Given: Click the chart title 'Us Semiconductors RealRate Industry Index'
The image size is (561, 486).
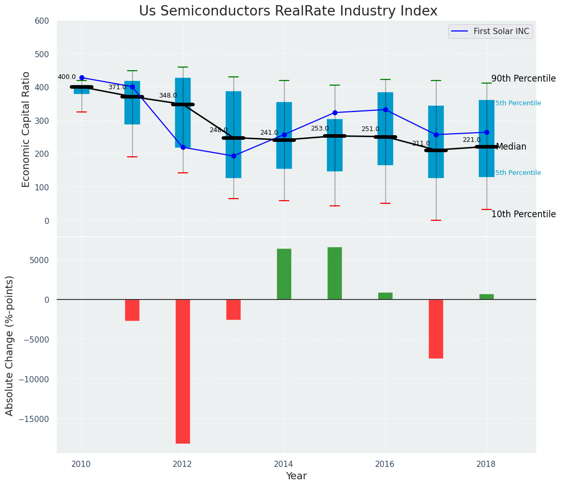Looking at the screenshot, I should tap(288, 11).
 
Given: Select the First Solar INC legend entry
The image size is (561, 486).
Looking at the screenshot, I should tap(490, 31).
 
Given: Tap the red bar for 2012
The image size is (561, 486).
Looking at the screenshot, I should tap(183, 371).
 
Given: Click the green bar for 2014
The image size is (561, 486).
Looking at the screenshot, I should tap(284, 274).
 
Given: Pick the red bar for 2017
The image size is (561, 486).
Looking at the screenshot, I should tap(436, 329).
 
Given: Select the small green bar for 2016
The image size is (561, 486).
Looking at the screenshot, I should tap(385, 296).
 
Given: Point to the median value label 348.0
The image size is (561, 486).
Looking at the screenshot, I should tap(167, 96).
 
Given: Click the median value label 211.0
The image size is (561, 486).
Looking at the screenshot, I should tap(420, 143).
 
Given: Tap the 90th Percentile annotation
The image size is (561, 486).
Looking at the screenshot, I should tap(523, 79).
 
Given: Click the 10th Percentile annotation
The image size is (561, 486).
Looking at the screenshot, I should tap(523, 215).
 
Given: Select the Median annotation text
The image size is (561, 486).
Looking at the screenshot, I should tap(511, 147).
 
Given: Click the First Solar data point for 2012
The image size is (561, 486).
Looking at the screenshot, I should tap(183, 148).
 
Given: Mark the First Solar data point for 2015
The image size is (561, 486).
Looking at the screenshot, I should tap(335, 112).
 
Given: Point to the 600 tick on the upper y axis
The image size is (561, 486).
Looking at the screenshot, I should tap(42, 21).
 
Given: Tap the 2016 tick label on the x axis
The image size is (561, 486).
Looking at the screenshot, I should tap(385, 464).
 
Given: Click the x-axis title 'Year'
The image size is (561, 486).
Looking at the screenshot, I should tap(296, 476).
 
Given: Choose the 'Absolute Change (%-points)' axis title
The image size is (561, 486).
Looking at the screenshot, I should tap(10, 345).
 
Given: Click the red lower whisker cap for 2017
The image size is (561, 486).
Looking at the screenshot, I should tap(436, 220).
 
